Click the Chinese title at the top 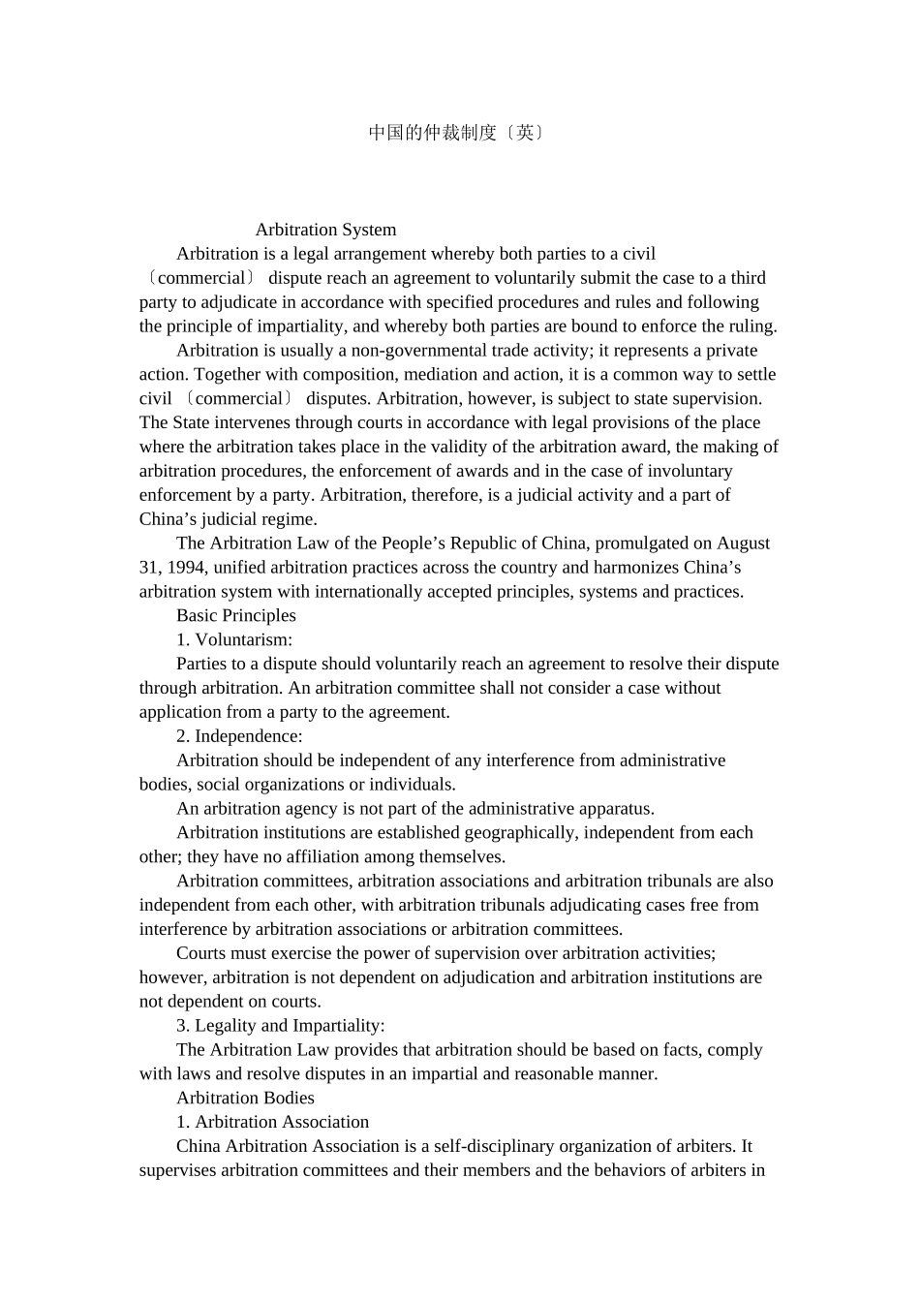pyautogui.click(x=457, y=133)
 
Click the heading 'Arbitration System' pyautogui.click(x=325, y=230)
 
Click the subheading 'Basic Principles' pyautogui.click(x=236, y=615)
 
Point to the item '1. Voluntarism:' pyautogui.click(x=234, y=639)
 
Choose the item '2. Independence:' pyautogui.click(x=239, y=736)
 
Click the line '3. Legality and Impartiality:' pyautogui.click(x=281, y=1026)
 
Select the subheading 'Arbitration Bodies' pyautogui.click(x=245, y=1098)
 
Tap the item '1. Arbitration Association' pyautogui.click(x=272, y=1122)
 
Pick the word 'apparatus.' pyautogui.click(x=616, y=809)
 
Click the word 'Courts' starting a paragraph pyautogui.click(x=200, y=953)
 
